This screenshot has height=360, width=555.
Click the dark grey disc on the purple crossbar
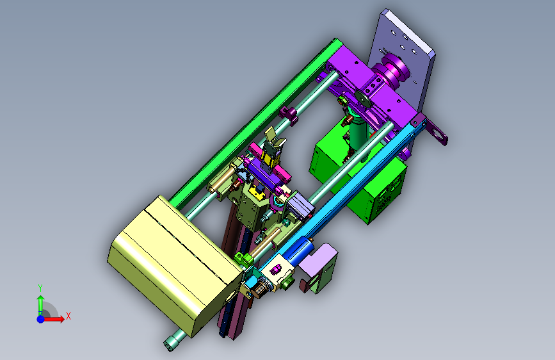point(362,98)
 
